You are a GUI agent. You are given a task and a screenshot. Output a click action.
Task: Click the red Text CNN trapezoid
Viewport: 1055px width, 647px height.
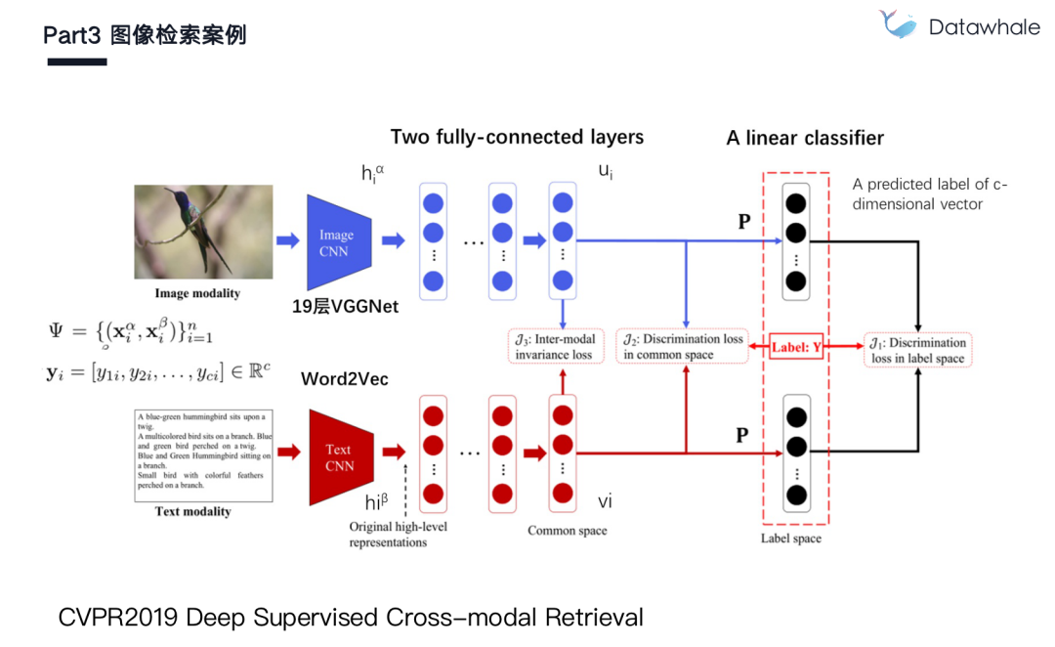tap(337, 456)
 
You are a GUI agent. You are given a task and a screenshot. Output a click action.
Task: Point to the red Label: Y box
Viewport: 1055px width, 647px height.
tap(795, 346)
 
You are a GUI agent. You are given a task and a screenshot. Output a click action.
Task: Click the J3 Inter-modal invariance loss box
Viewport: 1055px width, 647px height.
tap(554, 347)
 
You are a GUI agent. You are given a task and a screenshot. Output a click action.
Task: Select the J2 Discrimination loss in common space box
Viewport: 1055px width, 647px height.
tap(682, 347)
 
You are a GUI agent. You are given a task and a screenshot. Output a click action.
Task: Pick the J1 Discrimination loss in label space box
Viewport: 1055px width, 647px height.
tap(918, 350)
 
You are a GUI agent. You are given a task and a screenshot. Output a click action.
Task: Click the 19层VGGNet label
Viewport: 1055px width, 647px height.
tap(345, 305)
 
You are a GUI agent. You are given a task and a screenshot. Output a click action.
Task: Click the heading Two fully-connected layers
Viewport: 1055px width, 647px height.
tap(517, 137)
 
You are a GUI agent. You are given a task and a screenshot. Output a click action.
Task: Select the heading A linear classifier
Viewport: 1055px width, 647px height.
tap(805, 138)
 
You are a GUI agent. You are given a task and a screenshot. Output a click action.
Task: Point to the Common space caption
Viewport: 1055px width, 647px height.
tap(567, 531)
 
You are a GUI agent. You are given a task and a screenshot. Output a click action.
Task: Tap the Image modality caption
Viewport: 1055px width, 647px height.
tap(197, 293)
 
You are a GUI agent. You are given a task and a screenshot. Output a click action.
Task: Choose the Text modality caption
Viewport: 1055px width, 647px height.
tap(193, 511)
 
